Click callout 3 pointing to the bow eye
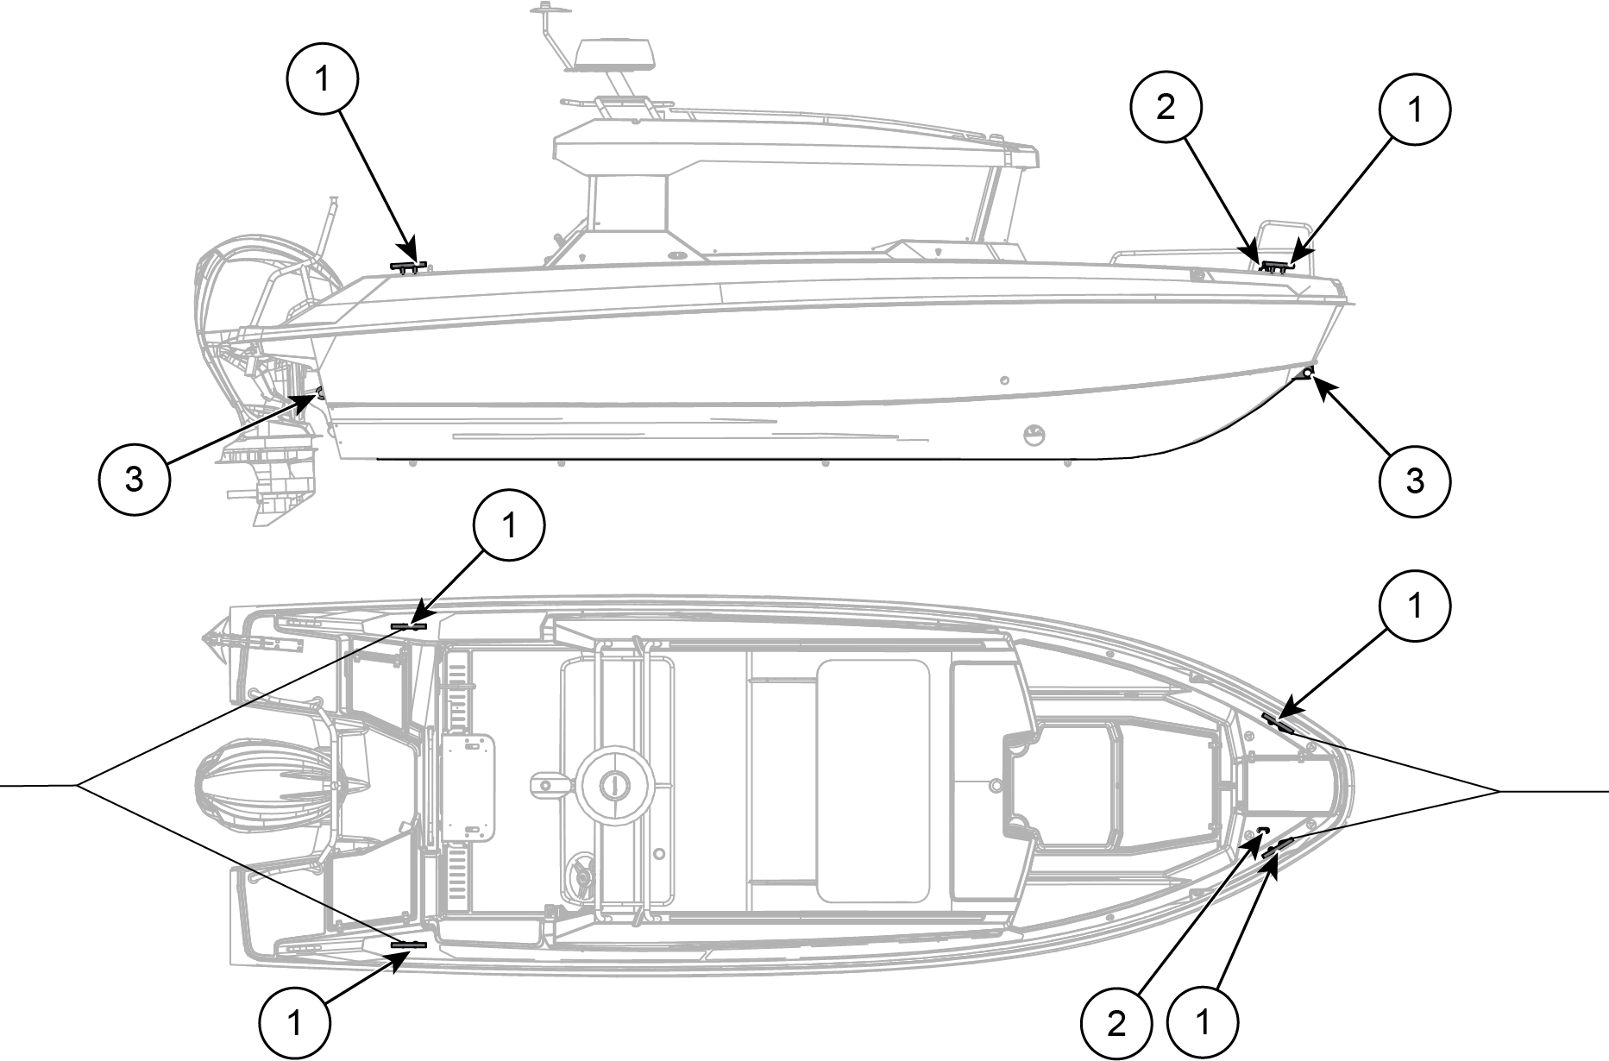click(x=1415, y=481)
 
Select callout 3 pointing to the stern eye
click(x=134, y=480)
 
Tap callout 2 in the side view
click(x=1166, y=110)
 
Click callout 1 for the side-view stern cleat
click(x=322, y=79)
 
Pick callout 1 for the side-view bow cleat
click(x=1415, y=110)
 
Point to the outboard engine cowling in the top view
click(x=263, y=784)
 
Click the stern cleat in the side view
click(x=408, y=267)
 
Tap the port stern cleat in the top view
click(x=409, y=625)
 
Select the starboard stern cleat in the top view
click(x=409, y=945)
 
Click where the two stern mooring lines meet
click(x=77, y=785)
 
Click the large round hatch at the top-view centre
click(x=613, y=784)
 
